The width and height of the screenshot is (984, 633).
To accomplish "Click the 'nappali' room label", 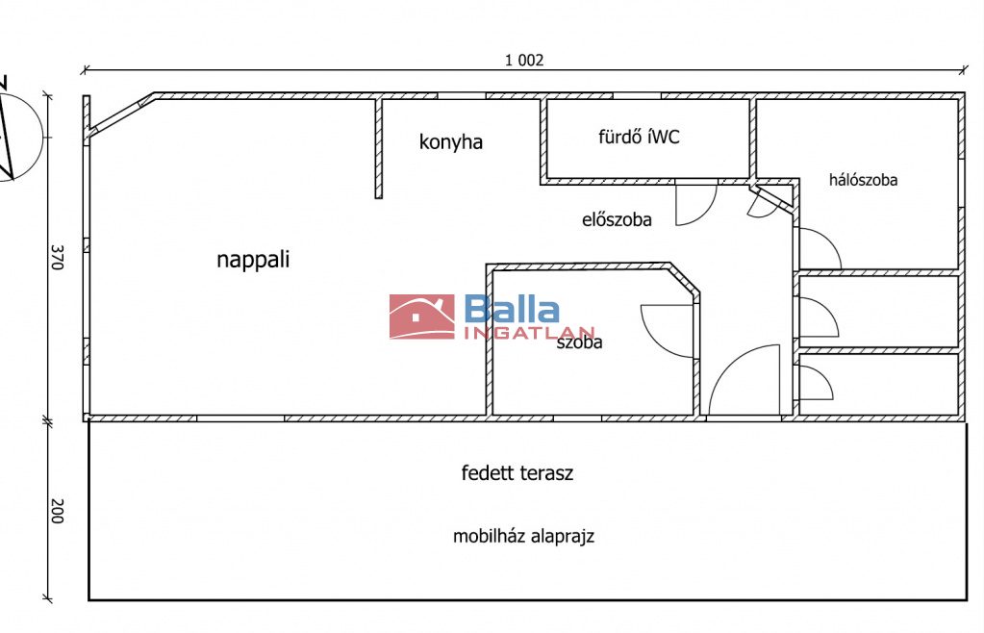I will tap(253, 259).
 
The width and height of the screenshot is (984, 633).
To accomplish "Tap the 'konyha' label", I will tap(450, 142).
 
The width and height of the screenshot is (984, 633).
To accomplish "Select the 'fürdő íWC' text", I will tap(639, 137).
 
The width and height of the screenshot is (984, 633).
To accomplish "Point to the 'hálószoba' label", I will tap(863, 179).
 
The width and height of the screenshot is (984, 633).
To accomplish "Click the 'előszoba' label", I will tap(617, 219).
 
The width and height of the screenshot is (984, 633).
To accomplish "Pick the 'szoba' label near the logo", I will tap(579, 342).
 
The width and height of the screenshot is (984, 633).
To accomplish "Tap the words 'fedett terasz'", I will tap(517, 472).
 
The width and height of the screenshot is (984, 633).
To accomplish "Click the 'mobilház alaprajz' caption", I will tap(523, 536).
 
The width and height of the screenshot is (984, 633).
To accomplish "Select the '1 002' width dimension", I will tap(524, 60).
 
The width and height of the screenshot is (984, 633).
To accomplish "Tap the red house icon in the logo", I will tap(421, 316).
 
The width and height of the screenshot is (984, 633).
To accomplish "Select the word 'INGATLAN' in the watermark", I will tap(529, 333).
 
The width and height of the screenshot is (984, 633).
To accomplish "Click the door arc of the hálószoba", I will tap(820, 248).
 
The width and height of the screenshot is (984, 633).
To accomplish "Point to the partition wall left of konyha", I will tap(378, 148).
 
